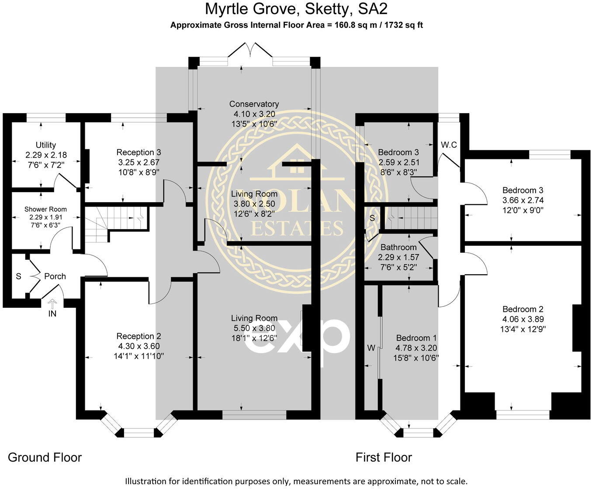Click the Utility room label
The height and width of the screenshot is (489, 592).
coord(46,145)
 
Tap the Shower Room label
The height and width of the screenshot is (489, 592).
coord(45,209)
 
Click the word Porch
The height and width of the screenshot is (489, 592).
coord(55,276)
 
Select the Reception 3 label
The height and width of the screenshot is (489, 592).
coord(138,152)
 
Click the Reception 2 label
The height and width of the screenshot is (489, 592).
coord(138,336)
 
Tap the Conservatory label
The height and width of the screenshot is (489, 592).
coord(254,104)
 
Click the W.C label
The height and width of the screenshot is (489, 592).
coord(449,145)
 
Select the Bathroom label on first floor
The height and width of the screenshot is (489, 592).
coord(398,248)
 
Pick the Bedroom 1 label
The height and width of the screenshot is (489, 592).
coord(416,338)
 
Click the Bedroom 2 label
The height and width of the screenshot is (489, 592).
coord(523,309)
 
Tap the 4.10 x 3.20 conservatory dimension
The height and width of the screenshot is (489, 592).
coord(254,114)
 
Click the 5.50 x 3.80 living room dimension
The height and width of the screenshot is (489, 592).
coord(254,328)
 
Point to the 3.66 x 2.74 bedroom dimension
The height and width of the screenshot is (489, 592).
coord(523,200)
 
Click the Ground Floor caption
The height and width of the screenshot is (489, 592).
coord(45,457)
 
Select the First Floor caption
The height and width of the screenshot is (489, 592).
coord(384,457)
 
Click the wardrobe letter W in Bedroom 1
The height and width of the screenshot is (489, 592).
coord(371,348)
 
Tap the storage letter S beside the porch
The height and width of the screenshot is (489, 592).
coord(18,276)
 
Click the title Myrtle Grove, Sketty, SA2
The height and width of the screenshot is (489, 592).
coord(296,9)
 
